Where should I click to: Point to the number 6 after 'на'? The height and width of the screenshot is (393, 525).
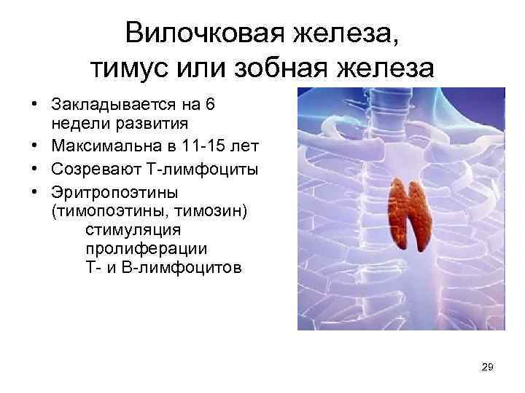click(211, 104)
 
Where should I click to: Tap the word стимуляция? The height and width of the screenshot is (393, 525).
click(133, 230)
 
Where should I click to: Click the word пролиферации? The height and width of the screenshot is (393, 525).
click(141, 249)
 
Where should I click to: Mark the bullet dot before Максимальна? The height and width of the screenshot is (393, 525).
click(35, 147)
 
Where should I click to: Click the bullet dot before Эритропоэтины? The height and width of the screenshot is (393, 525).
click(35, 194)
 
